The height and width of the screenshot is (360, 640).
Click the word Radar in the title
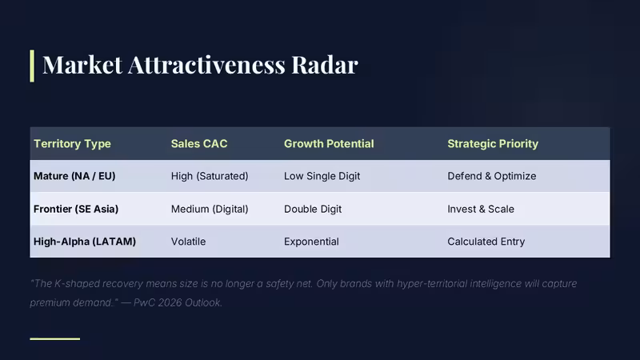pyautogui.click(x=325, y=65)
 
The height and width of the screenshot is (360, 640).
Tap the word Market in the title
pyautogui.click(x=82, y=65)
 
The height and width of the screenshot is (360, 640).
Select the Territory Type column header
pyautogui.click(x=72, y=144)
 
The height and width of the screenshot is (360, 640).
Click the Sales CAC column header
pyautogui.click(x=199, y=144)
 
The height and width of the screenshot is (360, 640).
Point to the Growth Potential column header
pyautogui.click(x=329, y=144)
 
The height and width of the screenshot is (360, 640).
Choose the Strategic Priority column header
pyautogui.click(x=493, y=144)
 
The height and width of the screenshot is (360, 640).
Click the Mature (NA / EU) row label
pyautogui.click(x=74, y=176)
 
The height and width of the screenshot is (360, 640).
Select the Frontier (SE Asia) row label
pyautogui.click(x=76, y=209)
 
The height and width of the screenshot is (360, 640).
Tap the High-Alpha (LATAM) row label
pyautogui.click(x=85, y=242)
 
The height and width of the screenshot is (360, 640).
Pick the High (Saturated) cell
pyautogui.click(x=210, y=176)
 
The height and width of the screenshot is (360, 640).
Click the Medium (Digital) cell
pyautogui.click(x=210, y=209)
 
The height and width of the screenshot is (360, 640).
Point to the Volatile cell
pyautogui.click(x=188, y=242)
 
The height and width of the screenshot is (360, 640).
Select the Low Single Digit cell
pyautogui.click(x=322, y=176)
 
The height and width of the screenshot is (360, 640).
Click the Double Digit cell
pyautogui.click(x=313, y=209)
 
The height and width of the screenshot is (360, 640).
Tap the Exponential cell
pyautogui.click(x=311, y=242)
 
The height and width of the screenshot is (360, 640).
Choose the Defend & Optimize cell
pyautogui.click(x=492, y=176)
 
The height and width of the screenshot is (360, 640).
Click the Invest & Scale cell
pyautogui.click(x=481, y=209)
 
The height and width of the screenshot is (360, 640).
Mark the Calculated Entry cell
pyautogui.click(x=486, y=242)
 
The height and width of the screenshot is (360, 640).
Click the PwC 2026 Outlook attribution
pyautogui.click(x=178, y=302)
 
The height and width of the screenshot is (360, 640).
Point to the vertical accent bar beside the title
pyautogui.click(x=32, y=66)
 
